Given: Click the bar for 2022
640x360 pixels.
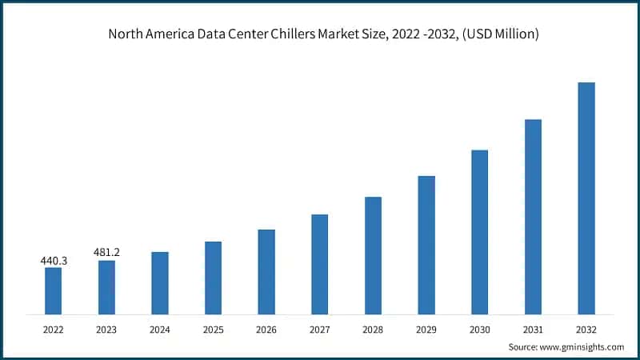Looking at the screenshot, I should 53,290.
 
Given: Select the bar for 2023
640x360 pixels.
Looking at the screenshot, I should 106,287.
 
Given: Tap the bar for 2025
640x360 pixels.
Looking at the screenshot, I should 213,278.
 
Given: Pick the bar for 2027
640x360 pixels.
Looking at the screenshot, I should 319,264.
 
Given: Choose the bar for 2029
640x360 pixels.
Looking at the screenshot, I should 426,245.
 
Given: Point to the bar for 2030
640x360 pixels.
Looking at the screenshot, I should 479,232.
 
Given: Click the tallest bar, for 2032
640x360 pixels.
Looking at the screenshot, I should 586,198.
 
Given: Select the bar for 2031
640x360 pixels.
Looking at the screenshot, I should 533,217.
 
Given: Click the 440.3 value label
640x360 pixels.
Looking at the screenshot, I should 53,261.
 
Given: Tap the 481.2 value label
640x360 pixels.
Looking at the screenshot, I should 106,254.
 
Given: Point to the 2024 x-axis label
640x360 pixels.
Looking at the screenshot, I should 160,328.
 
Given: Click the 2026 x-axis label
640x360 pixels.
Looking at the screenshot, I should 266,328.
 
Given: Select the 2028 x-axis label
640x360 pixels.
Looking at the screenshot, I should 373,328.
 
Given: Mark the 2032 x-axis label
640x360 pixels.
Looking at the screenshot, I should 586,328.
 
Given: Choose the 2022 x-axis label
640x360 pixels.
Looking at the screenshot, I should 53,328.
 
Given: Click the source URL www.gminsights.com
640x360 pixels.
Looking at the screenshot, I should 582,346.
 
